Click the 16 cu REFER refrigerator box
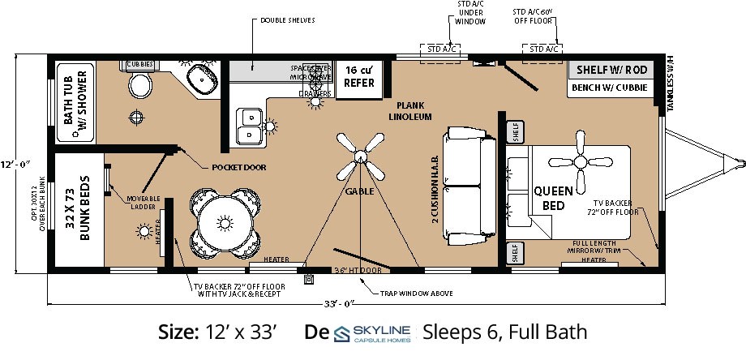coord(358,77)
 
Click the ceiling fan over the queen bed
coord(581,160)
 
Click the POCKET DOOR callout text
coord(238,168)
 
